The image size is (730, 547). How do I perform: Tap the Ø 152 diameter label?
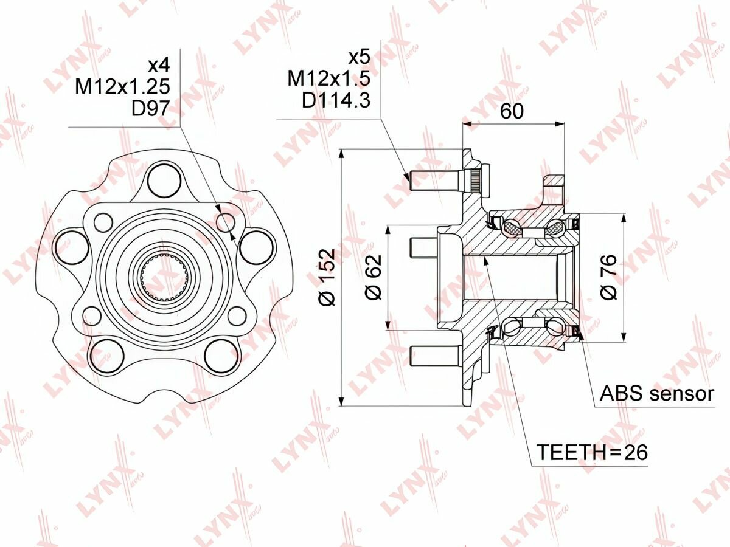pyautogui.click(x=327, y=277)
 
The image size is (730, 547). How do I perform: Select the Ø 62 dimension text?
pyautogui.click(x=373, y=277)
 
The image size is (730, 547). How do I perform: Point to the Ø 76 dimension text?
pyautogui.click(x=609, y=277)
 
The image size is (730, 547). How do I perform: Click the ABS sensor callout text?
pyautogui.click(x=656, y=393)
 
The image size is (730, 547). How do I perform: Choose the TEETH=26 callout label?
pyautogui.click(x=591, y=452)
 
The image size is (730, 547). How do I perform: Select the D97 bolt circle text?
pyautogui.click(x=150, y=108)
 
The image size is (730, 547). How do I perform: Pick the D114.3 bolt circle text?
pyautogui.click(x=336, y=100)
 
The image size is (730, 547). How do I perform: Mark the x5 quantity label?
pyautogui.click(x=358, y=58)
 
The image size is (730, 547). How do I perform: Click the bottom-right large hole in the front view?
pyautogui.click(x=220, y=356)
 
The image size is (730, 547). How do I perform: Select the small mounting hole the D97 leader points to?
pyautogui.click(x=226, y=222)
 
